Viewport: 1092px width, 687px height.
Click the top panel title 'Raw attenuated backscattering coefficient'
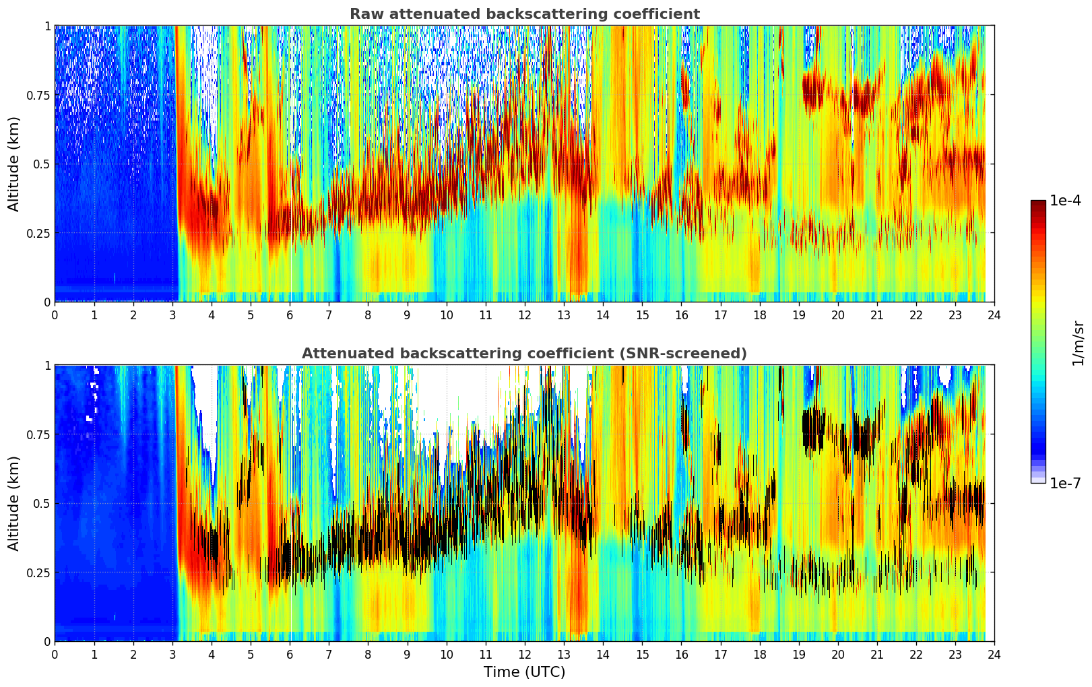click(524, 14)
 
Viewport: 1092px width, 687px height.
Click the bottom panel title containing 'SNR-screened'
click(524, 354)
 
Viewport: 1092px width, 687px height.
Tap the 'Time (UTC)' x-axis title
click(524, 672)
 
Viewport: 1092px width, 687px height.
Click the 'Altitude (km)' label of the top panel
click(14, 164)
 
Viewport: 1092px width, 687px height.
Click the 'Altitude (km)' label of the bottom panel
click(14, 503)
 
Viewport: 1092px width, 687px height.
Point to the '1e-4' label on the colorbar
click(1067, 201)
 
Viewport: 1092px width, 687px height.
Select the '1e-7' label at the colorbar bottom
click(1067, 483)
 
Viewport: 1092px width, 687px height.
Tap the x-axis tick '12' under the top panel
click(525, 315)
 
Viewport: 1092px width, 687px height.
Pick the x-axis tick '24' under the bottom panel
click(994, 654)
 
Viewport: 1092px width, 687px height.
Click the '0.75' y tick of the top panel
click(38, 95)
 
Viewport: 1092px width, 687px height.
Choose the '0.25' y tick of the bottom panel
click(38, 572)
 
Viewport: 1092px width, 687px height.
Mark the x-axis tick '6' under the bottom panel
click(290, 654)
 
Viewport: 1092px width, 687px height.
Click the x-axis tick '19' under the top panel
click(799, 315)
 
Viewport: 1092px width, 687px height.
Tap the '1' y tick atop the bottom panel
click(47, 366)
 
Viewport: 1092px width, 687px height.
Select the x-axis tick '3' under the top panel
click(172, 315)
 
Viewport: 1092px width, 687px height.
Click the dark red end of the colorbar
click(1038, 203)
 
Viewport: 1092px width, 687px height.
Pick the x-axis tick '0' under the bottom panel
click(55, 654)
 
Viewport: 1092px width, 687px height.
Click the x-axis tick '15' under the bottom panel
click(642, 654)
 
